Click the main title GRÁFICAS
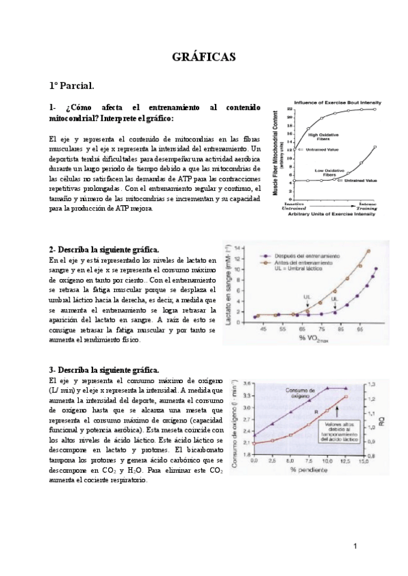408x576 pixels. click(203, 58)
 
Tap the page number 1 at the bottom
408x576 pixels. click(355, 547)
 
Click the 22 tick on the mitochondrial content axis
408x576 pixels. click(289, 109)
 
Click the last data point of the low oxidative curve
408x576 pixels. click(376, 146)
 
